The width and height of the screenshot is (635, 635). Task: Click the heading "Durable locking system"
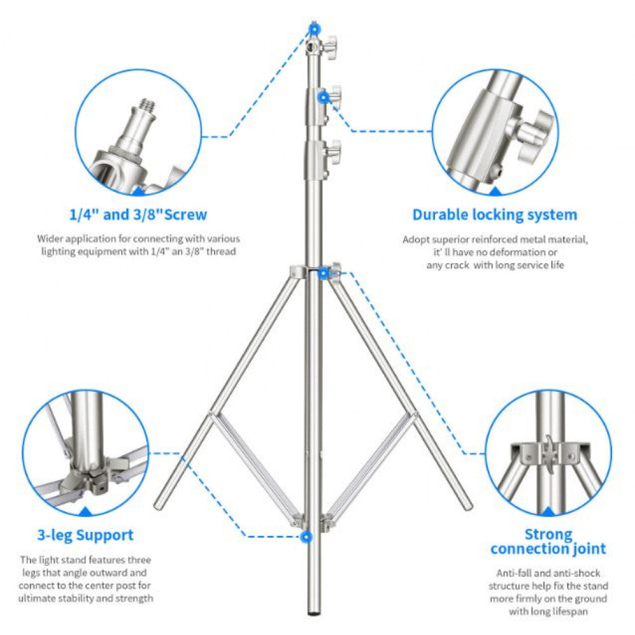[x=495, y=215]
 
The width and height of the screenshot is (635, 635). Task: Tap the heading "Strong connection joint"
[x=548, y=542]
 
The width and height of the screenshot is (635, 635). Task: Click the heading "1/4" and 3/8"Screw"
[x=138, y=215]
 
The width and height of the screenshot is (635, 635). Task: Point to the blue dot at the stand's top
[x=314, y=28]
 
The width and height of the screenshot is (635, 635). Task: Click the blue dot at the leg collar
[x=323, y=273]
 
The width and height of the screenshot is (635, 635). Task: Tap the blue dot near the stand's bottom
[x=307, y=537]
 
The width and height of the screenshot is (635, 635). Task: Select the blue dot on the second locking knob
[x=323, y=97]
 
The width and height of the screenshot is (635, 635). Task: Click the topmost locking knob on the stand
[x=332, y=47]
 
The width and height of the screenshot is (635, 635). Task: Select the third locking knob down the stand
[x=332, y=152]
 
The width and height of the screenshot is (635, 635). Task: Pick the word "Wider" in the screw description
[x=50, y=239]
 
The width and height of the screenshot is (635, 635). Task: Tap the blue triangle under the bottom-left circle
[x=84, y=511]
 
